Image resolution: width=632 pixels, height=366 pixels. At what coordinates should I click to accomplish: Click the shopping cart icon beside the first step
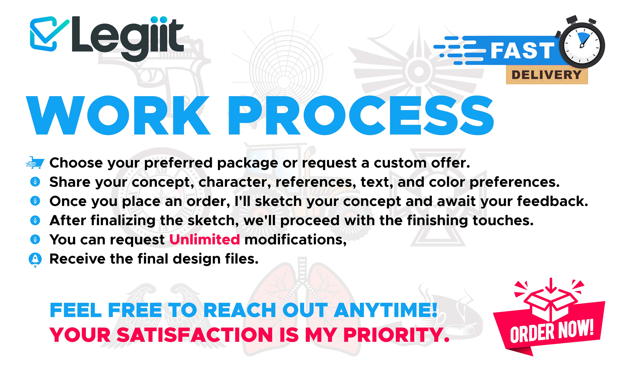pos(35,163)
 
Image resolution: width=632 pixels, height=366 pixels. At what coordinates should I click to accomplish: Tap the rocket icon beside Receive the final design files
pos(35,260)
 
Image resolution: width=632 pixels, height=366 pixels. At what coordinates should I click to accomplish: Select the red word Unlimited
pos(205,239)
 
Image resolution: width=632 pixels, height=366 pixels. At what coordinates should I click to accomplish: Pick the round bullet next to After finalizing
pos(35,220)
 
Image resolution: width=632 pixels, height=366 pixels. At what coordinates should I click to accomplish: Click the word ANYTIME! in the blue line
pos(386,310)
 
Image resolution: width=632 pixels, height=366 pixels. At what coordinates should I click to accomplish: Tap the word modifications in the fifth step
pos(295,239)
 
